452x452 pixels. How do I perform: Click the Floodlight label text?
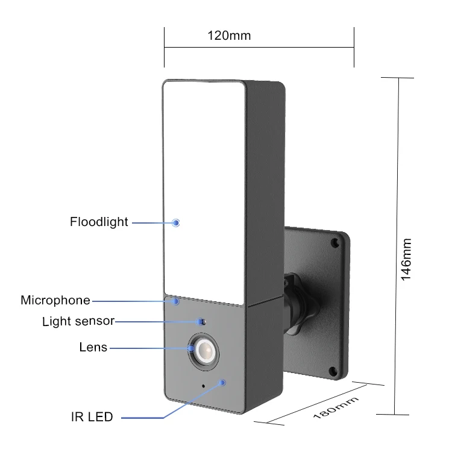coord(99,222)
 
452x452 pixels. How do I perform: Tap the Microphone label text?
coord(55,300)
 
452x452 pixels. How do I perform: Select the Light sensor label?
coord(78,321)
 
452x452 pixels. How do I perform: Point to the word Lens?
coord(93,347)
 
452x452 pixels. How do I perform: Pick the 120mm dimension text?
coord(229,36)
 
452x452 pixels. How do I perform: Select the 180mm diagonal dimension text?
coord(336,408)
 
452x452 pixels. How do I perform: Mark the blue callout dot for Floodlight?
coord(176,222)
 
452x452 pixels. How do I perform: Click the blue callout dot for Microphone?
coord(176,300)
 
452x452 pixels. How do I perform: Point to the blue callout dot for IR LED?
coord(223,382)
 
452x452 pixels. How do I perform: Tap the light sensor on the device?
coord(202,322)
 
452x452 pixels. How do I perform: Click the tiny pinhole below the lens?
coord(203,386)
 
